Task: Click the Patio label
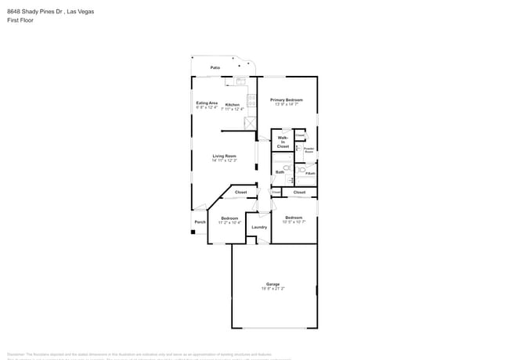pyautogui.click(x=215, y=68)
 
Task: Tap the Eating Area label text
pyautogui.click(x=207, y=103)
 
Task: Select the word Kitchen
pyautogui.click(x=233, y=104)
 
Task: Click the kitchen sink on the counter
pyautogui.click(x=241, y=81)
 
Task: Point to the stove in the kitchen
pyautogui.click(x=251, y=99)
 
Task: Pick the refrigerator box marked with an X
pyautogui.click(x=251, y=122)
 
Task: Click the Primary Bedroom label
pyautogui.click(x=287, y=99)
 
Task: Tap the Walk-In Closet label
pyautogui.click(x=283, y=142)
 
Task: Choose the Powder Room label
pyautogui.click(x=309, y=149)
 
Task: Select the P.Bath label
pyautogui.click(x=311, y=173)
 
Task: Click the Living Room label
pyautogui.click(x=224, y=156)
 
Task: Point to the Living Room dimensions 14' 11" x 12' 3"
pyautogui.click(x=224, y=160)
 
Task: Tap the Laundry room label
pyautogui.click(x=258, y=227)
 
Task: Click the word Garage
pyautogui.click(x=273, y=284)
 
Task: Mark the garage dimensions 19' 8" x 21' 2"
pyautogui.click(x=273, y=289)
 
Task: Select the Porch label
pyautogui.click(x=200, y=221)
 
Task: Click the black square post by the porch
pyautogui.click(x=193, y=232)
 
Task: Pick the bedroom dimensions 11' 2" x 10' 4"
pyautogui.click(x=229, y=222)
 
